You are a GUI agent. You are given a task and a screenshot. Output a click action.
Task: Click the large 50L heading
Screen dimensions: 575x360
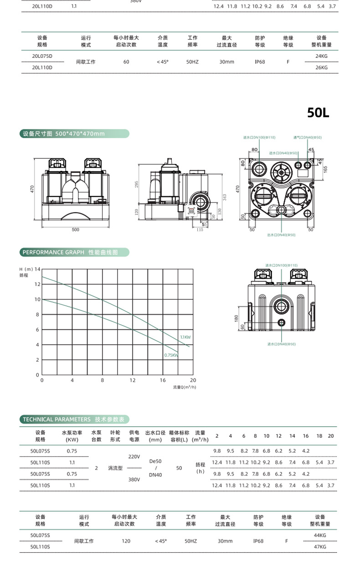coord(318,113)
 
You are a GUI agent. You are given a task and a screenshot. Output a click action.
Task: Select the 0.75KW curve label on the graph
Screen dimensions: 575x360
coord(171,355)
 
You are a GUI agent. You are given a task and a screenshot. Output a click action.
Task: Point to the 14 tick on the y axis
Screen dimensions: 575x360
coord(37,269)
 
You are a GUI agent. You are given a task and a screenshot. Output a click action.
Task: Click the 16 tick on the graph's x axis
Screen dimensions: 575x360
coord(163,380)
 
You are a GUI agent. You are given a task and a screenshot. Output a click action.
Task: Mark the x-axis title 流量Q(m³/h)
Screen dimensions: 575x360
coord(184,387)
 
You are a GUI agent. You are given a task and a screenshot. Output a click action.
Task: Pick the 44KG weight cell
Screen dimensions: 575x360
coord(320,535)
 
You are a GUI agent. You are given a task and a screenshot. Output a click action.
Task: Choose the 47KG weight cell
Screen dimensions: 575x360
coord(320,546)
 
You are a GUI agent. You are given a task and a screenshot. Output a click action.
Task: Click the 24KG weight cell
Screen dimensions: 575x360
coord(321,56)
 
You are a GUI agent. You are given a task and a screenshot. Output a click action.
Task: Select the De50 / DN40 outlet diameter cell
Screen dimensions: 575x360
coord(155,468)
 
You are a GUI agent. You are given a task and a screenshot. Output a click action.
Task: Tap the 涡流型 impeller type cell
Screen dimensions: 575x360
coord(114,468)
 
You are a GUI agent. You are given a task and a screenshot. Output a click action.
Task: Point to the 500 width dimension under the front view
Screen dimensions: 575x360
coord(75,229)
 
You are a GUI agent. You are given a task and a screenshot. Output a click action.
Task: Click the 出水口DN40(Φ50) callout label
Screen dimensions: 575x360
coord(281,235)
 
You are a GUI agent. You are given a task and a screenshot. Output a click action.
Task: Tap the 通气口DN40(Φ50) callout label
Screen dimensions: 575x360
coord(307,137)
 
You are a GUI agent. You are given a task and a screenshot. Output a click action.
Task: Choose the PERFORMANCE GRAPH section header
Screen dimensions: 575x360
coord(74,252)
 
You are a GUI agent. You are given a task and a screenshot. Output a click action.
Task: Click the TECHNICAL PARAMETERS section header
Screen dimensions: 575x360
coord(75,420)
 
